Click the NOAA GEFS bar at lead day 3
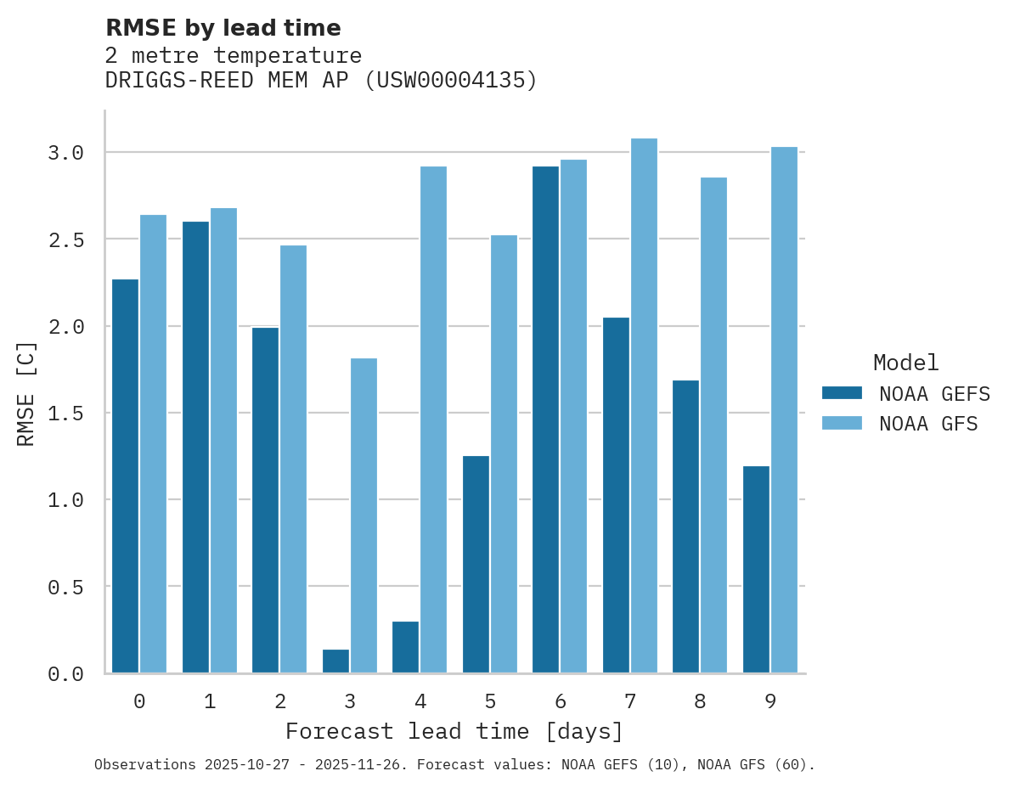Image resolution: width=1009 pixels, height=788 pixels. click(x=335, y=661)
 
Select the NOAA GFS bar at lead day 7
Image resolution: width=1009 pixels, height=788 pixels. click(x=644, y=406)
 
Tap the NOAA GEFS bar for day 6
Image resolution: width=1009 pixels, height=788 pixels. click(x=545, y=419)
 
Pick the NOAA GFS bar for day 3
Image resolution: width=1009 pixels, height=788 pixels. click(x=364, y=515)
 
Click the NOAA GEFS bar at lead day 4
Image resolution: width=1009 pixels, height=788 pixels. click(x=405, y=647)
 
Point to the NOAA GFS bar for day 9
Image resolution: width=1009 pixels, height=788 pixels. click(x=784, y=410)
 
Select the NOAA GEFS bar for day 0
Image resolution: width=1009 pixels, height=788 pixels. click(x=125, y=476)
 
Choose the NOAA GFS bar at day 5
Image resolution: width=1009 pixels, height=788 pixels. click(x=504, y=454)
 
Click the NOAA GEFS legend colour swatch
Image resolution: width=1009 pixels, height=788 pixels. click(x=842, y=393)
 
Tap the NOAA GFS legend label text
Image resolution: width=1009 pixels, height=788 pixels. click(x=928, y=424)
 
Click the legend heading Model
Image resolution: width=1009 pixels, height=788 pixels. click(x=905, y=363)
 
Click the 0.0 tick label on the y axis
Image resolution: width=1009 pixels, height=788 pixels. click(x=65, y=674)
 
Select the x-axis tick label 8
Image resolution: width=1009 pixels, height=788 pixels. click(x=700, y=701)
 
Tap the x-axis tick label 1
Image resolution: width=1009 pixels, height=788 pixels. click(x=210, y=701)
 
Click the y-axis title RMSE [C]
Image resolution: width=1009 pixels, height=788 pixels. click(x=26, y=393)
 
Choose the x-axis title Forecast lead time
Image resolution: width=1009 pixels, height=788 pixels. click(x=454, y=731)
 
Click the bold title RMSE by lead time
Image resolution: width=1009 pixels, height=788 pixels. click(x=223, y=28)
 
